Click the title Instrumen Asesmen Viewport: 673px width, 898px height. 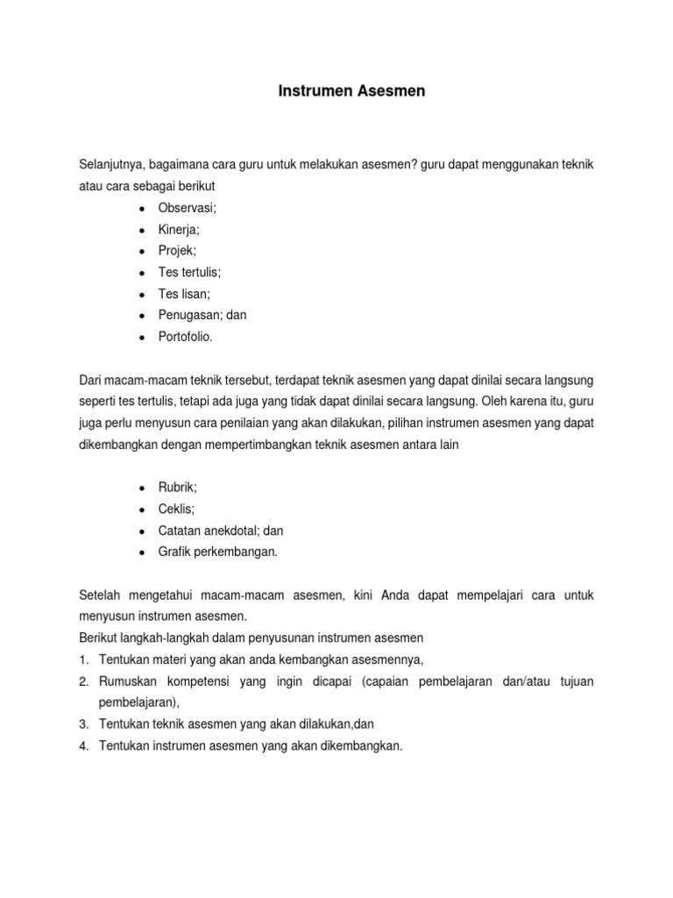pyautogui.click(x=351, y=91)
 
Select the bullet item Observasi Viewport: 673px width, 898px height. pyautogui.click(x=188, y=207)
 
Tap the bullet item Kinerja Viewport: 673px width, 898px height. pyautogui.click(x=179, y=229)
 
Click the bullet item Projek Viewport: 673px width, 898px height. pyautogui.click(x=178, y=250)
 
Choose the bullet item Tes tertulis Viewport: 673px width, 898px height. pyautogui.click(x=188, y=272)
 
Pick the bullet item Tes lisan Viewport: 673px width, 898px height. pyautogui.click(x=184, y=294)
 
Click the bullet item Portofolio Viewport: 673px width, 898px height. pyautogui.click(x=185, y=337)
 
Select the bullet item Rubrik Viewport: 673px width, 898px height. pyautogui.click(x=178, y=488)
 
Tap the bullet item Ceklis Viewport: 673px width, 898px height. pyautogui.click(x=177, y=509)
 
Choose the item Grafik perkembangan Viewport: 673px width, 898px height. pyautogui.click(x=217, y=552)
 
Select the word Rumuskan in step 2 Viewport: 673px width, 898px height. pyautogui.click(x=128, y=681)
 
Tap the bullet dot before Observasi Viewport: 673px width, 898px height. pyautogui.click(x=141, y=208)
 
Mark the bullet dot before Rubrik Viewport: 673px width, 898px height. pyautogui.click(x=141, y=488)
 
